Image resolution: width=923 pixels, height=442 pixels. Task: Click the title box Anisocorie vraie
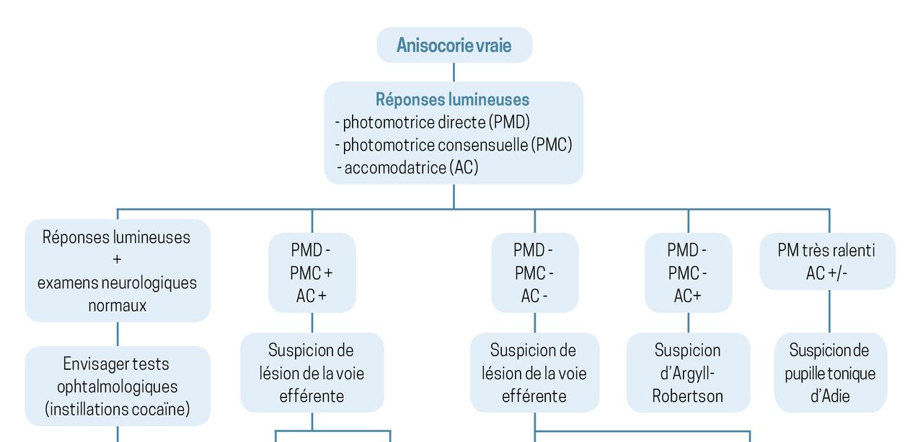click(x=454, y=45)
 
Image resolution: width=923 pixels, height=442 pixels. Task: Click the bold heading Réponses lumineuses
click(x=452, y=100)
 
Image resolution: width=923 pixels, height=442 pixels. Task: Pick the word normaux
click(x=118, y=306)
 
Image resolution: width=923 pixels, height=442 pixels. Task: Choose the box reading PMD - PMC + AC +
click(x=312, y=273)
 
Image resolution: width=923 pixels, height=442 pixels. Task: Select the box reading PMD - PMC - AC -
click(x=534, y=273)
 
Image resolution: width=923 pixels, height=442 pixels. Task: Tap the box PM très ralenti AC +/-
click(x=827, y=261)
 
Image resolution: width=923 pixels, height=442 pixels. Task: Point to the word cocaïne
click(x=161, y=410)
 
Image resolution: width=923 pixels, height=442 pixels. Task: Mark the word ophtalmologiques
click(x=118, y=386)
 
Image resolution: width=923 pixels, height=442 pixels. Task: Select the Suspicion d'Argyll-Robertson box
click(x=688, y=373)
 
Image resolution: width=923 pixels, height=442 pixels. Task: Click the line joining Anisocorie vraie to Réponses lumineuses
click(x=454, y=72)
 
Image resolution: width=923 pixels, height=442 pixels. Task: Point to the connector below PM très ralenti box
click(x=829, y=311)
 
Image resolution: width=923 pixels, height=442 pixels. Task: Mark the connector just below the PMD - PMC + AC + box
click(x=312, y=322)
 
